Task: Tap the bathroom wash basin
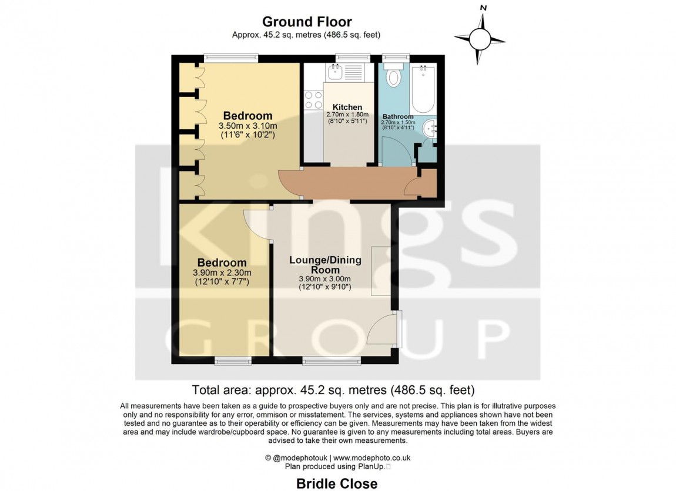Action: point(430,127)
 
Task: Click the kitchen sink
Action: point(336,73)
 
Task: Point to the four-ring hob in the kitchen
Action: point(312,100)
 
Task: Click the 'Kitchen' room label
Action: point(347,107)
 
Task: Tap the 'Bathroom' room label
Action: point(397,117)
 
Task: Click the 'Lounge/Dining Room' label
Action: point(325,265)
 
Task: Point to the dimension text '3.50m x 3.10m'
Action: point(247,126)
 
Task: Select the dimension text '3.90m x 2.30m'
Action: point(222,273)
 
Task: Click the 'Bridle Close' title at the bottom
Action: point(337,483)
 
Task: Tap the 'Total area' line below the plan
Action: point(333,389)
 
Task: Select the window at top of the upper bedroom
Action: point(231,58)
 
